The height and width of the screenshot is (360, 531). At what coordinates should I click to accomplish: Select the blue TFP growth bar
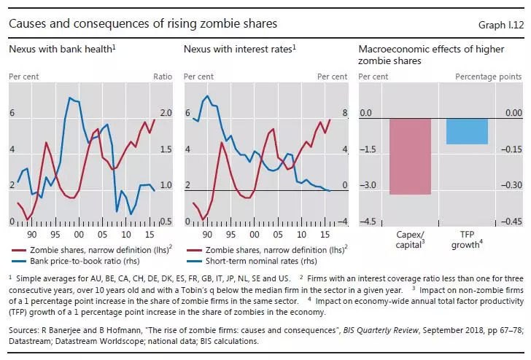coord(467,131)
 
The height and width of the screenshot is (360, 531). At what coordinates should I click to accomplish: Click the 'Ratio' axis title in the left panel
coord(163,76)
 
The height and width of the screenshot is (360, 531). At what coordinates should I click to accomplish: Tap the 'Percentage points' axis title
coord(489,76)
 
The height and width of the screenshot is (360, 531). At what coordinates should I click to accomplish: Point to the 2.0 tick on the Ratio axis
coord(165,114)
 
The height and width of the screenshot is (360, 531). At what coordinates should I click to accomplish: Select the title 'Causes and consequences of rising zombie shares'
coord(143,24)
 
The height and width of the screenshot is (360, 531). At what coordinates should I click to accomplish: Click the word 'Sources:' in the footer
coord(24,329)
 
